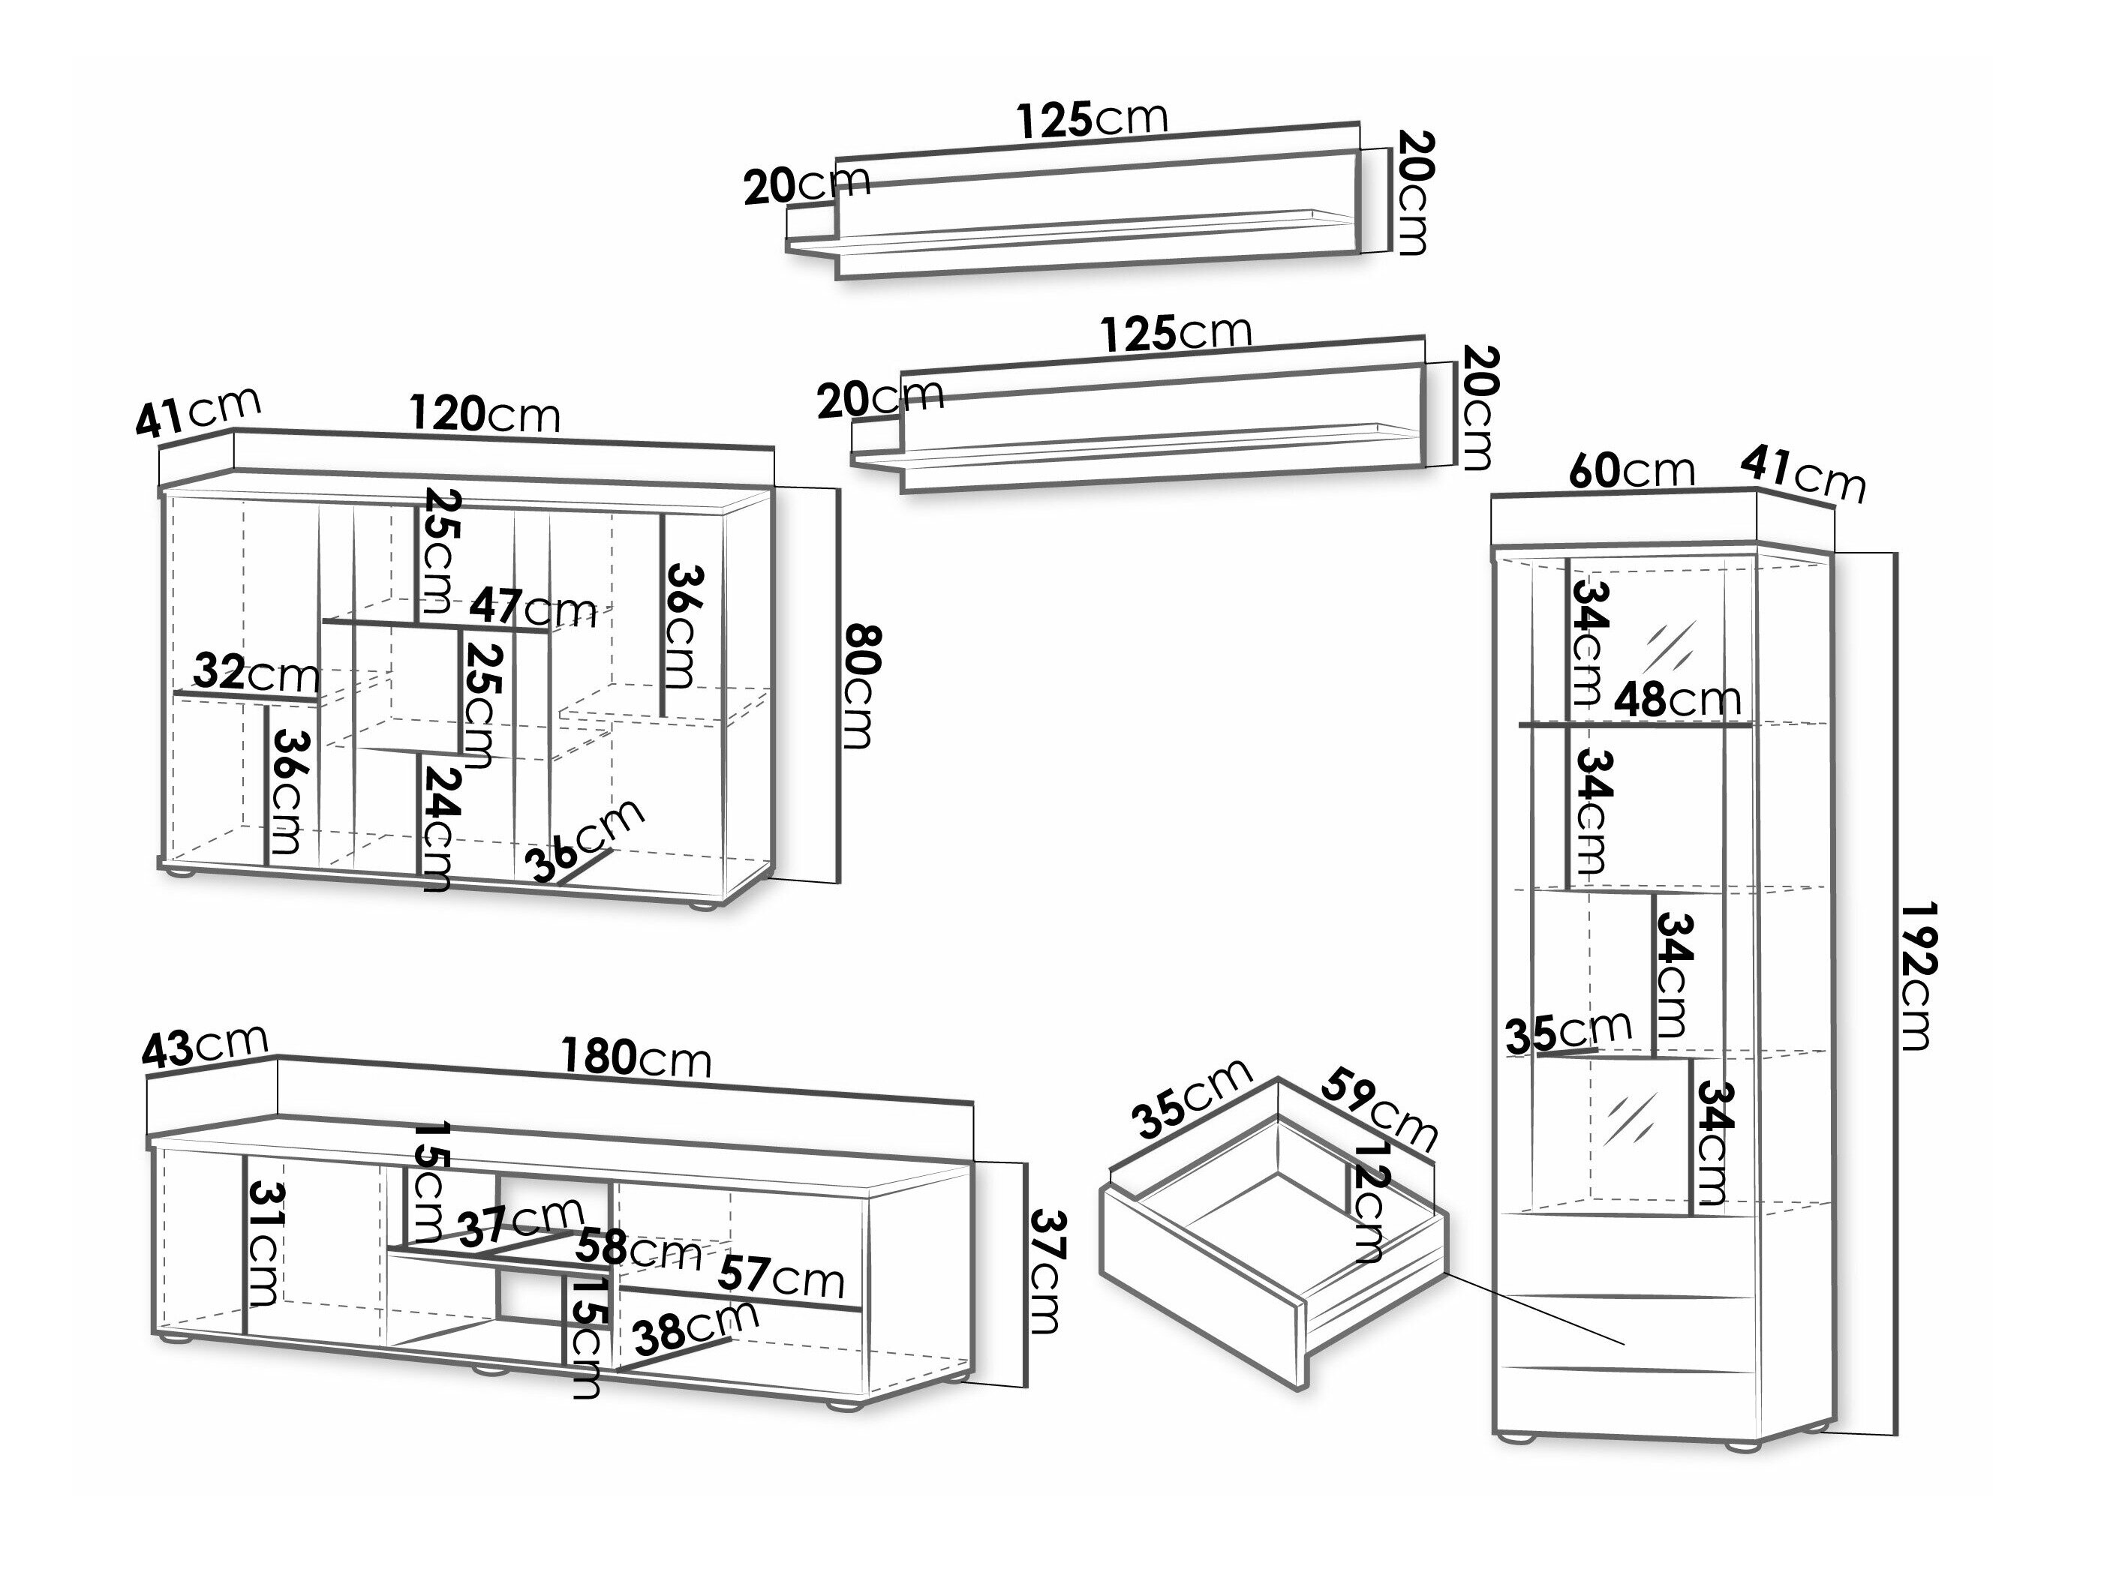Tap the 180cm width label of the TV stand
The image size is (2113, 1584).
[636, 1058]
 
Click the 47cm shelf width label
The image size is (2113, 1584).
[532, 607]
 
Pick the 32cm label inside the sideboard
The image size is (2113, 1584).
[256, 673]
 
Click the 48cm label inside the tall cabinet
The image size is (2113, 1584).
[1677, 700]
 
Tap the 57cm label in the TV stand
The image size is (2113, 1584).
[780, 1276]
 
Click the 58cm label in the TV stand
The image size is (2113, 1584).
[637, 1249]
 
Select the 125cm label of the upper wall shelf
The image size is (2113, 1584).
[1092, 119]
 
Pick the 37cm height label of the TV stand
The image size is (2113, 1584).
[1045, 1272]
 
